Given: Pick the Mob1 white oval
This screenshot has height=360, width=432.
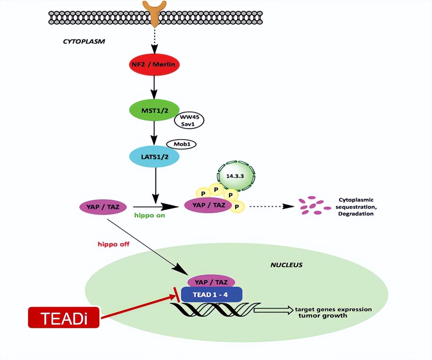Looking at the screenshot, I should (x=181, y=144).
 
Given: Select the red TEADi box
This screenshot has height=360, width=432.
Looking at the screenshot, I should (x=64, y=317).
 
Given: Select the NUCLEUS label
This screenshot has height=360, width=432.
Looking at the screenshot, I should (x=286, y=265).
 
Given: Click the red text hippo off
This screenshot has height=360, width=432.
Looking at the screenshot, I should (x=114, y=244).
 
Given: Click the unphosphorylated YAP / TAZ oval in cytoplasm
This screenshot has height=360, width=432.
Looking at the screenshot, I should (x=100, y=206).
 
